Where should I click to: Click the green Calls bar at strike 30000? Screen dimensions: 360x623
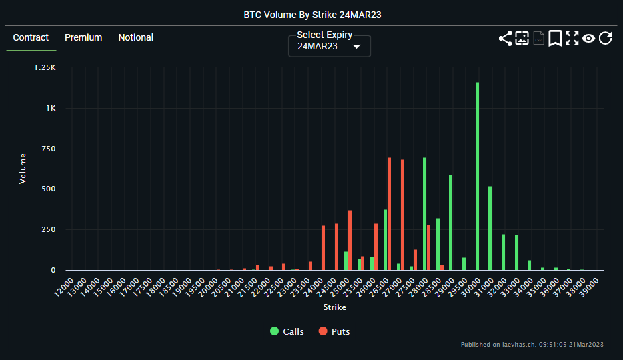pos(477,176)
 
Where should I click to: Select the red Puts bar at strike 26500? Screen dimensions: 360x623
pos(390,213)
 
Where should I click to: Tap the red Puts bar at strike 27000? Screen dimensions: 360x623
pos(402,215)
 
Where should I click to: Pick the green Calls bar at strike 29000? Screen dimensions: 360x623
pos(451,222)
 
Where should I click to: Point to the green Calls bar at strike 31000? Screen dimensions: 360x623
pos(490,228)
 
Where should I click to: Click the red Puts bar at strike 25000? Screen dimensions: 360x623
pos(350,240)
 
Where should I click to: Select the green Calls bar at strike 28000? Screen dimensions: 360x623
pos(424,213)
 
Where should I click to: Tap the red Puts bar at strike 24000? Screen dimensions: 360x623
pos(323,247)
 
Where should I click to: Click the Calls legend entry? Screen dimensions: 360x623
pos(287,331)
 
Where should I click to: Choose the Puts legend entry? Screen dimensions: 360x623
pos(334,331)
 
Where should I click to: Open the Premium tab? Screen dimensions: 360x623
pos(83,37)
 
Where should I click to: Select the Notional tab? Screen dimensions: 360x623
pos(136,37)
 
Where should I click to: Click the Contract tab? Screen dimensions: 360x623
pos(31,37)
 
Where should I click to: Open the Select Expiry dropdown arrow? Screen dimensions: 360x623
pos(356,47)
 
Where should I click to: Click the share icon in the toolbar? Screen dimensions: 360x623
pos(505,38)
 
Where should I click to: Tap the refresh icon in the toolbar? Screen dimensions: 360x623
pos(605,38)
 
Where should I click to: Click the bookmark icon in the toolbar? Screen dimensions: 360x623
pos(555,38)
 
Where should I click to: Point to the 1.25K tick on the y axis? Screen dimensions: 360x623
pos(45,67)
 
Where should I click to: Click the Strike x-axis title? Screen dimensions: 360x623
pos(335,307)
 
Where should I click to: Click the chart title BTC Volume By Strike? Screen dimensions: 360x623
pos(311,13)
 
